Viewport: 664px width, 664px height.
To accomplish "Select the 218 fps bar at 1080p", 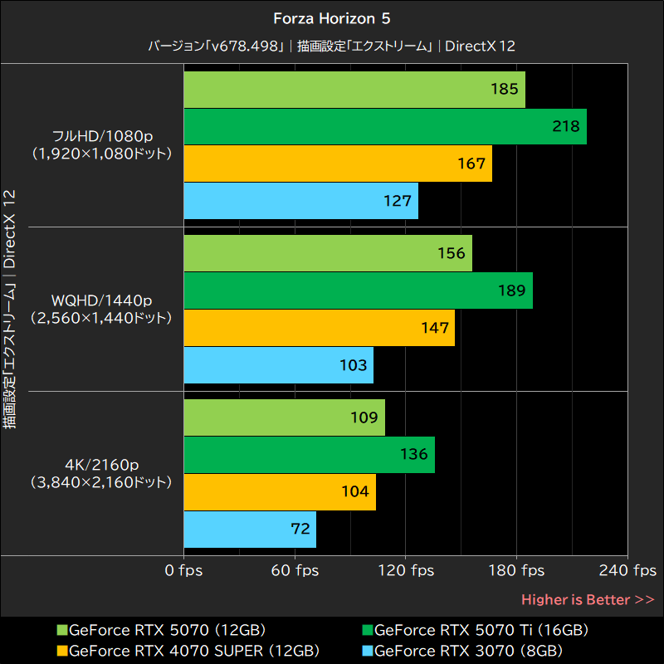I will [384, 126].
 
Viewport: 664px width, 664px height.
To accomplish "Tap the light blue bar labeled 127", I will [300, 201].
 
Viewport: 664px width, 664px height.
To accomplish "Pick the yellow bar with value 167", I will [337, 164].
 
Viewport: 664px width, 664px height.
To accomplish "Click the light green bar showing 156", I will [327, 253].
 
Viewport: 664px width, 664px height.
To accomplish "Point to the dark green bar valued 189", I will [357, 290].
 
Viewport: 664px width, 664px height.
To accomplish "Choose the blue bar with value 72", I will [249, 529].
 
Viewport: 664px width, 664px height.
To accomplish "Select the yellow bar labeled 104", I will [279, 491].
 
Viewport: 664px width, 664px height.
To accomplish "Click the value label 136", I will [413, 454].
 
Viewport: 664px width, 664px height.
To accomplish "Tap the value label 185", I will [505, 89].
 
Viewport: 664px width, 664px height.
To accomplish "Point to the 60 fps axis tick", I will [295, 570].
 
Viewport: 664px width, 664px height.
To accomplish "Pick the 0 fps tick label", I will [183, 570].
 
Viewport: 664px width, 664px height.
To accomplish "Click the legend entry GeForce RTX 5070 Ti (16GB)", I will [481, 630].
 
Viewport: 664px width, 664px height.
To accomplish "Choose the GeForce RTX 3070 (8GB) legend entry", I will [470, 650].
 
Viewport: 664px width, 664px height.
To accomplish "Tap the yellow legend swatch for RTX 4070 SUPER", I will [61, 650].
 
